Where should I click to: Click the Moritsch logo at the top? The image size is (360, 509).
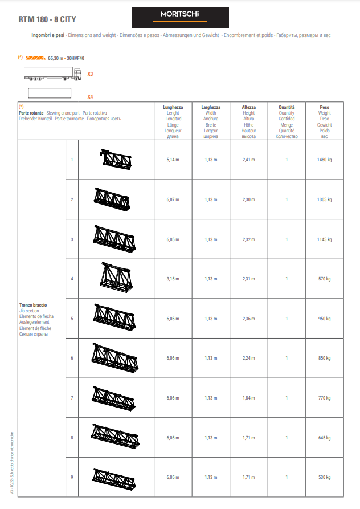point(180,18)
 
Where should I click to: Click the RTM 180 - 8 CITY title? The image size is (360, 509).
point(47,19)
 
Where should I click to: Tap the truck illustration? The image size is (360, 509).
point(52,74)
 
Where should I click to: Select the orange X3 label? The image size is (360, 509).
point(90,74)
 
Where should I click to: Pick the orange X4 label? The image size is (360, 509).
point(90,97)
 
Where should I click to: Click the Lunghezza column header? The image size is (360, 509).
point(173,107)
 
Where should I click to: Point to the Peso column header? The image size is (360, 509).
point(324,107)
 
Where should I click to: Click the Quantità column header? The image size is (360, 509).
point(287,107)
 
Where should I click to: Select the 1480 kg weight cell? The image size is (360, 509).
point(324,160)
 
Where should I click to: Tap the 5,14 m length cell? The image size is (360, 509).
point(173,160)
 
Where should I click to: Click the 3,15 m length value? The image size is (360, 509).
point(173,279)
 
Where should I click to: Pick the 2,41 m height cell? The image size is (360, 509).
point(249,160)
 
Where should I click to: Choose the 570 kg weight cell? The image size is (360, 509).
point(324,279)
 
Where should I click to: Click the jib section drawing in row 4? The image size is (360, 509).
point(116,278)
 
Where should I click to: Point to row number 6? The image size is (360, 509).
point(72,358)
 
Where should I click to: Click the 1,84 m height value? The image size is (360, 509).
point(249,398)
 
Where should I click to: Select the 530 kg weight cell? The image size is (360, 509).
point(324,477)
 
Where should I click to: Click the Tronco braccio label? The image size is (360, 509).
point(33,305)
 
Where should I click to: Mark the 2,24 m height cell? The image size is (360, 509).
point(249,358)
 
